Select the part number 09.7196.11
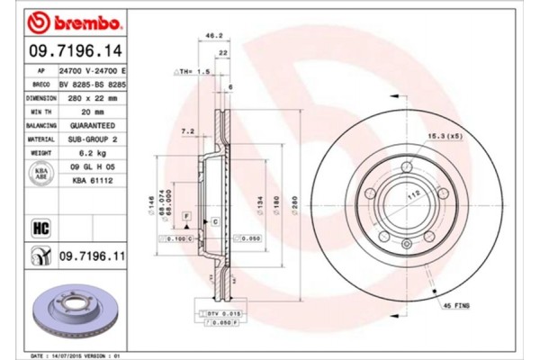coord(91,256)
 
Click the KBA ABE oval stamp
coord(41,174)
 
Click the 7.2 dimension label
coord(188,131)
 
